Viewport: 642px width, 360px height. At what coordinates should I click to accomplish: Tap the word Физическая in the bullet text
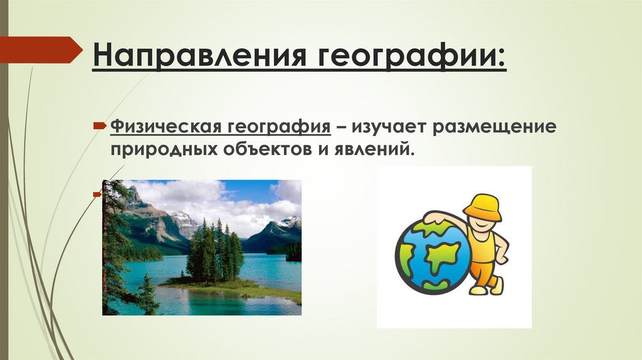click(162, 127)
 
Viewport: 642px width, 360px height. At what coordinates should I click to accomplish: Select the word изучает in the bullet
click(391, 127)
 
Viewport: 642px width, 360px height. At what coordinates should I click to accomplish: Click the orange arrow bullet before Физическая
click(100, 127)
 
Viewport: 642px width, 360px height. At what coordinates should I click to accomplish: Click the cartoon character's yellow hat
click(482, 208)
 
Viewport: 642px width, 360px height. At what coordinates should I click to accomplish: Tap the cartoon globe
click(433, 258)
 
